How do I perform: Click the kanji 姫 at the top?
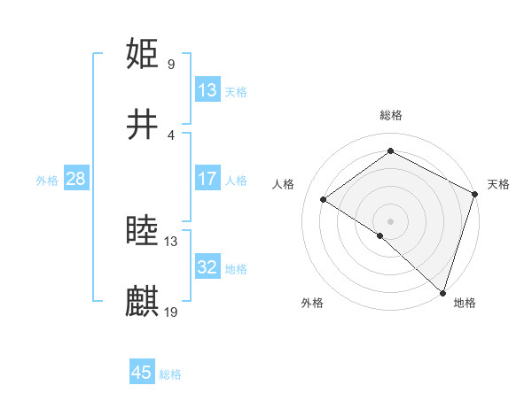[x=143, y=54]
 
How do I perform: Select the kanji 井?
[x=143, y=124]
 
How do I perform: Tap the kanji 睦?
[x=143, y=231]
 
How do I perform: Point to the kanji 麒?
[x=143, y=301]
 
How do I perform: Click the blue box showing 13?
[x=207, y=90]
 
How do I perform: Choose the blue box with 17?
[x=207, y=179]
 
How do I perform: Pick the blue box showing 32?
[x=207, y=267]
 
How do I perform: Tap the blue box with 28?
[x=76, y=179]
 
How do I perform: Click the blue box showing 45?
[x=142, y=373]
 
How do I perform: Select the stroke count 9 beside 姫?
[x=171, y=64]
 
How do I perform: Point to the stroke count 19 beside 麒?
[x=171, y=312]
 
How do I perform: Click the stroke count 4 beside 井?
[x=171, y=135]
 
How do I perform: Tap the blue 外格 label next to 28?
[x=47, y=180]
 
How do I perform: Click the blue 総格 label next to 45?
[x=170, y=374]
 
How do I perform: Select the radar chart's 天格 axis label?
[x=498, y=184]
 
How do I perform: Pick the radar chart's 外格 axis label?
[x=312, y=303]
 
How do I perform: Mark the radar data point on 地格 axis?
[x=442, y=292]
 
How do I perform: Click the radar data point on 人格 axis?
[x=324, y=199]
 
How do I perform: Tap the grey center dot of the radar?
[x=390, y=220]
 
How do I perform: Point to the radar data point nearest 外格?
[x=380, y=235]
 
